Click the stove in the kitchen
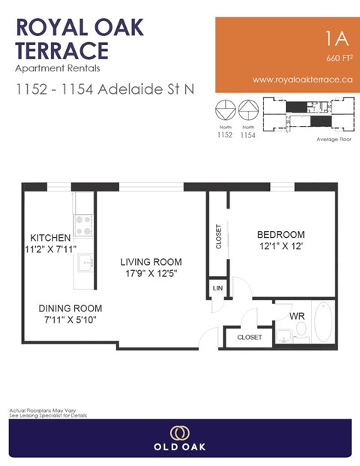point(83,222)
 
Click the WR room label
point(298,316)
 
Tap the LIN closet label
point(217,287)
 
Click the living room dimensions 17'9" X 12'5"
point(151,274)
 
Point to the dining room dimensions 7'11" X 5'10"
point(70,320)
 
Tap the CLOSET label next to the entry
point(250,338)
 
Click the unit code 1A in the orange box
point(334,38)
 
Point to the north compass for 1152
point(225,111)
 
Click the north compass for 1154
point(247,111)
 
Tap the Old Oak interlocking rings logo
point(179,434)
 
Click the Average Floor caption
point(334,140)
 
